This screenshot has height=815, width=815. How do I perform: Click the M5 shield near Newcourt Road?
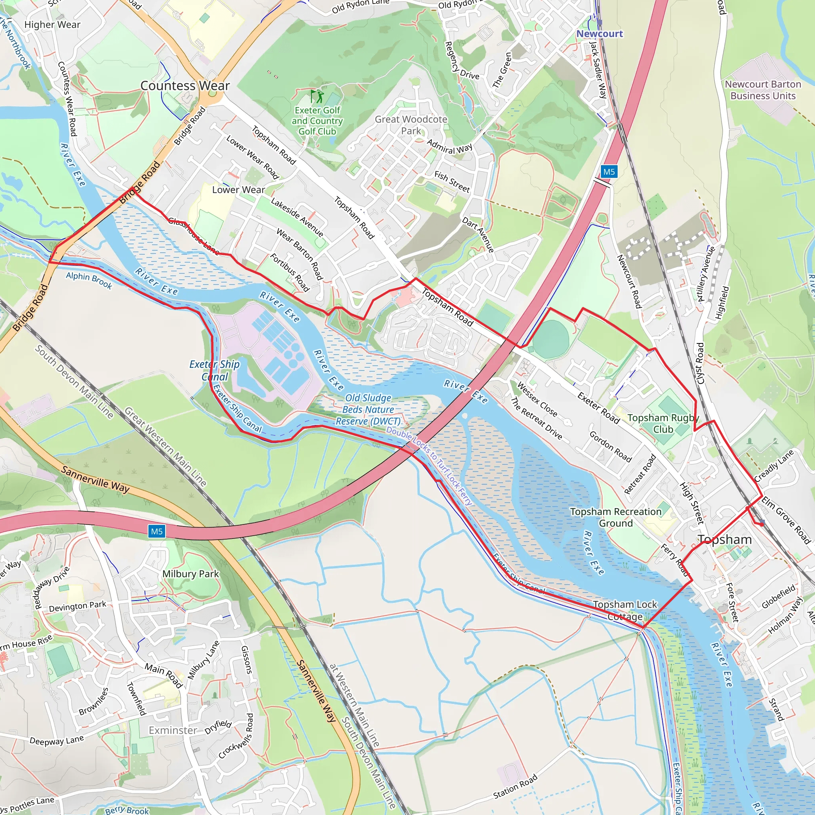(x=609, y=172)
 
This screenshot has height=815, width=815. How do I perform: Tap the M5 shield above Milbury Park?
(x=156, y=532)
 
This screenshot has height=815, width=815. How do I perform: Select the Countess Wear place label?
(x=185, y=86)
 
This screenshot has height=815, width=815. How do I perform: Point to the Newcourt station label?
(x=599, y=34)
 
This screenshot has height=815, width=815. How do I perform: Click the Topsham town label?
(x=724, y=540)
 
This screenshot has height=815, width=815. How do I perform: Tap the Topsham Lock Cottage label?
(x=625, y=610)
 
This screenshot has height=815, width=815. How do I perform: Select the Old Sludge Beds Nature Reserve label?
(x=368, y=409)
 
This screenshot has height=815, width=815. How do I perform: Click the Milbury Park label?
(x=191, y=574)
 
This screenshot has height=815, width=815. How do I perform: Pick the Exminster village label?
(x=173, y=730)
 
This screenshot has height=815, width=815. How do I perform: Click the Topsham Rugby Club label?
(x=663, y=423)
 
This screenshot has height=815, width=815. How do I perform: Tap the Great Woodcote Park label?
(x=411, y=125)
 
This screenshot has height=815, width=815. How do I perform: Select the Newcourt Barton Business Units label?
(x=763, y=90)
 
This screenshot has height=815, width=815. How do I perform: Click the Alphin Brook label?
(x=89, y=281)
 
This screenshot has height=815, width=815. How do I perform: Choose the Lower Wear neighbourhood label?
(x=238, y=190)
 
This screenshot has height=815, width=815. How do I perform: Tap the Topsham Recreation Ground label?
(x=616, y=517)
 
